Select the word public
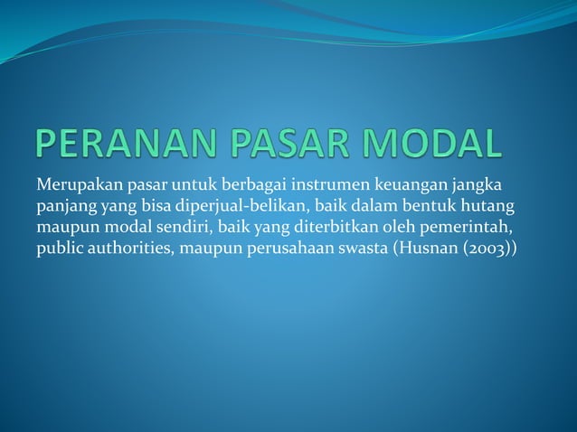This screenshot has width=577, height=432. pos(57,248)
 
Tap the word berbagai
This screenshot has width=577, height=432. pos(254,186)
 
